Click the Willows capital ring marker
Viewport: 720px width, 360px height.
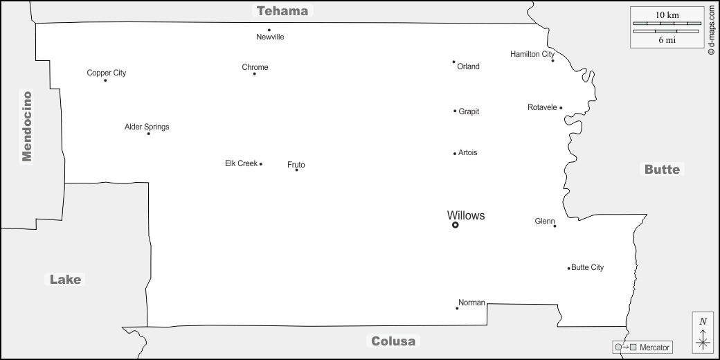pyautogui.click(x=455, y=225)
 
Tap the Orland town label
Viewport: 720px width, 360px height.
pyautogui.click(x=469, y=66)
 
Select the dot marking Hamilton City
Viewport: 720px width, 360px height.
pyautogui.click(x=553, y=61)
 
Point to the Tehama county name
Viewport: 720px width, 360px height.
pyautogui.click(x=282, y=10)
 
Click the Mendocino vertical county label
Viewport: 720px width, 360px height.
pyautogui.click(x=26, y=126)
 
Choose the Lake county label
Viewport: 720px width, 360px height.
pyautogui.click(x=65, y=279)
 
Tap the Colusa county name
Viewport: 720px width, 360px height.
pyautogui.click(x=393, y=341)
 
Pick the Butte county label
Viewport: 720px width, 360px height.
pyautogui.click(x=662, y=170)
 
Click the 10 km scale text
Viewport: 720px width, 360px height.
pyautogui.click(x=667, y=15)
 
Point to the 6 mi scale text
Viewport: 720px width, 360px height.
pyautogui.click(x=667, y=40)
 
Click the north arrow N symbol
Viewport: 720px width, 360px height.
pyautogui.click(x=703, y=321)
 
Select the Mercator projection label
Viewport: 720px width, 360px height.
pyautogui.click(x=654, y=348)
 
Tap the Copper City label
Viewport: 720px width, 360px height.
pyautogui.click(x=107, y=73)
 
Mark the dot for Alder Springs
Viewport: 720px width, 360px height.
pyautogui.click(x=148, y=134)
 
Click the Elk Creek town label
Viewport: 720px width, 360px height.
pyautogui.click(x=241, y=163)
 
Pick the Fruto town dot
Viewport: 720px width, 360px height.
pyautogui.click(x=296, y=170)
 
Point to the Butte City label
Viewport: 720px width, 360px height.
pyautogui.click(x=587, y=268)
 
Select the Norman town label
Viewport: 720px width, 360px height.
pyautogui.click(x=471, y=303)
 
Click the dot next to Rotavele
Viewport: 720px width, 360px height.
pyautogui.click(x=561, y=108)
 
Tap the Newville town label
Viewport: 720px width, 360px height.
pyautogui.click(x=270, y=37)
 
